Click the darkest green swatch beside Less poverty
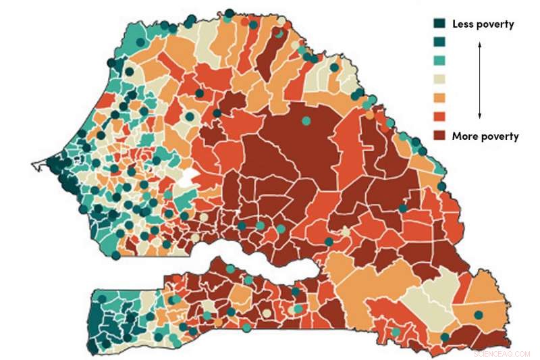[x=439, y=24]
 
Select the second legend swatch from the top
[x=439, y=43]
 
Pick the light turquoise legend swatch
[x=439, y=61]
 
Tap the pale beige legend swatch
[x=439, y=80]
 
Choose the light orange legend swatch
[x=439, y=98]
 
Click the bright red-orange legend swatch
[x=439, y=116]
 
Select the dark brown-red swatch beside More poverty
[x=439, y=135]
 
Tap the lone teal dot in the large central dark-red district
[x=306, y=121]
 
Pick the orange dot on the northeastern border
[x=369, y=115]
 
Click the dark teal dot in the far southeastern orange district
[x=479, y=315]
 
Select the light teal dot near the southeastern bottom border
[x=396, y=332]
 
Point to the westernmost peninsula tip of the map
[x=34, y=164]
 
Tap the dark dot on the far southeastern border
[x=444, y=337]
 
